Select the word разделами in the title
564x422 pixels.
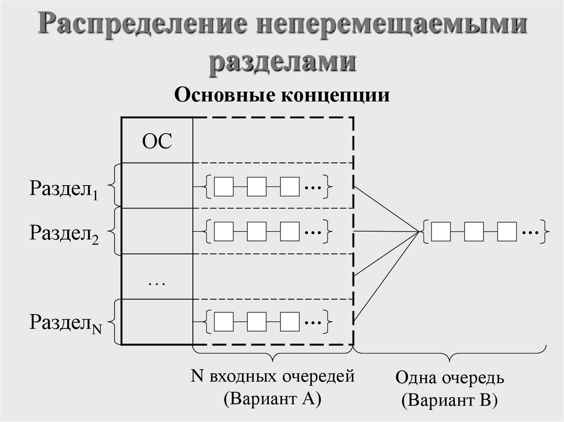tap(282, 61)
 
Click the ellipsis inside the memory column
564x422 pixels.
tap(157, 282)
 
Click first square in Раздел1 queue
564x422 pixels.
tap(223, 187)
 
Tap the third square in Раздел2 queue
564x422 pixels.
tap(290, 231)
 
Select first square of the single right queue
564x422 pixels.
tap(441, 232)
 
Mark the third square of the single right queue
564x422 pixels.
tap(507, 232)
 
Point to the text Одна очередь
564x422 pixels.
tap(449, 379)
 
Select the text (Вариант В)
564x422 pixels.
tap(449, 400)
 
